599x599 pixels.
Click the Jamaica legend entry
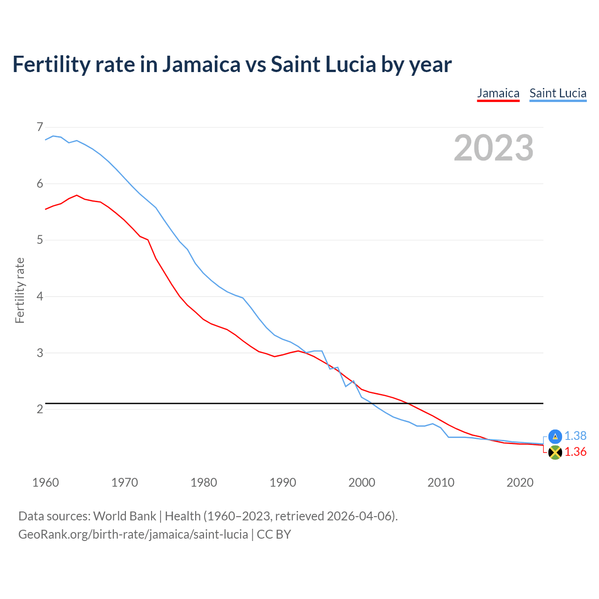(x=498, y=94)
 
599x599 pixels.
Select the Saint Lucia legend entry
(x=558, y=94)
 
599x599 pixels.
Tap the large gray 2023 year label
(x=494, y=148)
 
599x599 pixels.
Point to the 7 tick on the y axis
(x=40, y=127)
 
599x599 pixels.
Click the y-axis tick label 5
(x=40, y=240)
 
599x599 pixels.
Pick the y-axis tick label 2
(x=40, y=409)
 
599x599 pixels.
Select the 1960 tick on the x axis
(x=45, y=482)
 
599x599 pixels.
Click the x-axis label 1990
(x=283, y=482)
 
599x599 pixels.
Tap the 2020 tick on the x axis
(x=520, y=482)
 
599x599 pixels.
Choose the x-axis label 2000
(x=362, y=482)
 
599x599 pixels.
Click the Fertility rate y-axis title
(x=20, y=290)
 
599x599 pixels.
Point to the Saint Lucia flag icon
(x=555, y=436)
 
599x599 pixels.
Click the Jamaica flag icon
(x=555, y=452)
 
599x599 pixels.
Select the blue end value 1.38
(x=575, y=436)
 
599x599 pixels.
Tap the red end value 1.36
(x=575, y=452)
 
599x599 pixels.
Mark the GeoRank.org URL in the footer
(x=133, y=534)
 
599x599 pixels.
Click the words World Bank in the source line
(x=124, y=516)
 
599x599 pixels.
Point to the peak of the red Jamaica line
(x=77, y=195)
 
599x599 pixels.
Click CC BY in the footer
(x=274, y=534)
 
